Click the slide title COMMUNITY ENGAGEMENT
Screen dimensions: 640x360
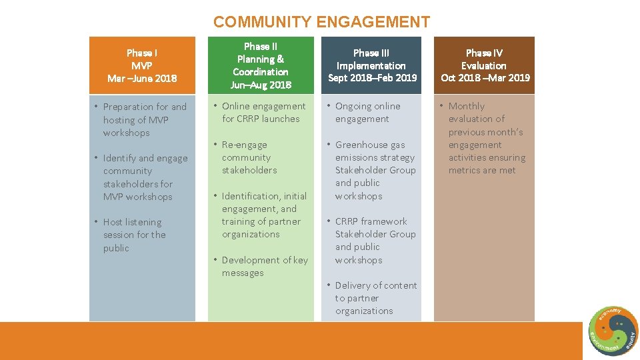tap(321, 22)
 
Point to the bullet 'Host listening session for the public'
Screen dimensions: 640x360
tap(133, 235)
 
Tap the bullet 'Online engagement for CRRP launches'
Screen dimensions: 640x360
tap(261, 113)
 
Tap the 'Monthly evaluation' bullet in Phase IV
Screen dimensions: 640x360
tap(486, 138)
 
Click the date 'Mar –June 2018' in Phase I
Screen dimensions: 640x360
tap(142, 78)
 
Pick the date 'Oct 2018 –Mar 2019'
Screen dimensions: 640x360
tap(485, 78)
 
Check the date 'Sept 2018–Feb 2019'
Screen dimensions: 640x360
tap(372, 78)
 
